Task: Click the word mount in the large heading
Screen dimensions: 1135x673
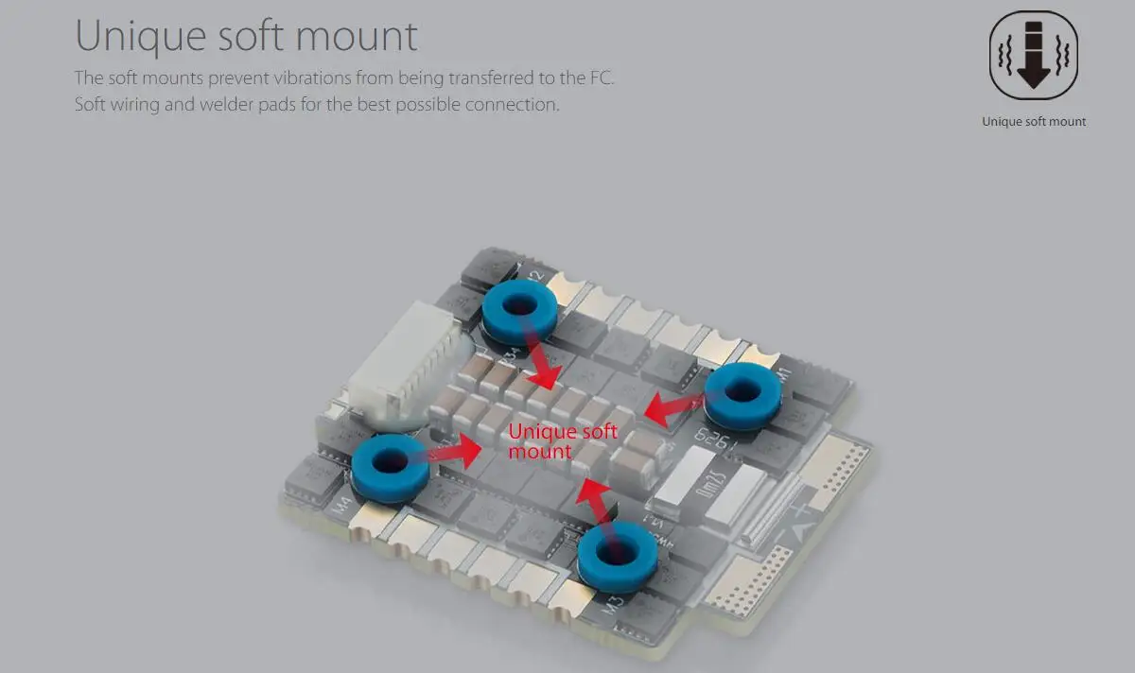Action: click(x=357, y=37)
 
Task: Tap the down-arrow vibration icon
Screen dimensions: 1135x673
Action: click(x=1033, y=54)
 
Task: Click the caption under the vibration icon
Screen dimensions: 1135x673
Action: click(x=1033, y=121)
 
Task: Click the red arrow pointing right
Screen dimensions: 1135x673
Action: click(x=456, y=451)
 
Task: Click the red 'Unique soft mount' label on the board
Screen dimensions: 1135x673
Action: click(x=562, y=441)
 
